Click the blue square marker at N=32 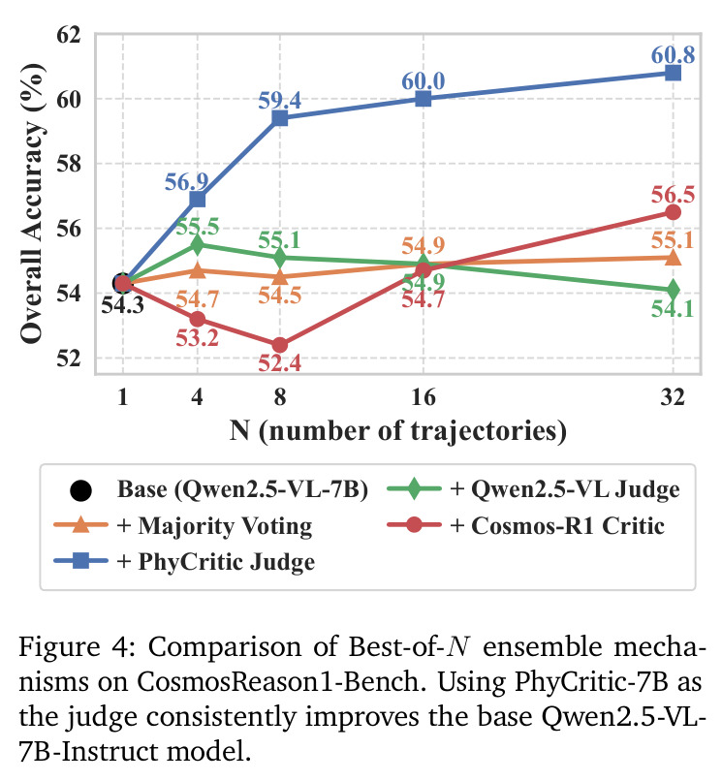point(673,74)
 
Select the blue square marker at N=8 point(280,118)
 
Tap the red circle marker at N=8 point(280,345)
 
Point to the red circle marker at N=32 point(673,212)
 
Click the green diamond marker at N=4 point(198,244)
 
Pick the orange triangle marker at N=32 point(673,257)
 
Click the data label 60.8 point(673,54)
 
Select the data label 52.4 point(279,363)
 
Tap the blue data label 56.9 point(186,182)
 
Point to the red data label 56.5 point(673,194)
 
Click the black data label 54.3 point(122,305)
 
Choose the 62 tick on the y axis point(68,35)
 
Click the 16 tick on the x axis point(424,397)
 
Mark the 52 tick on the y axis point(68,358)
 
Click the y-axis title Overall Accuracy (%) point(32,203)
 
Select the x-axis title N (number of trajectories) point(398,431)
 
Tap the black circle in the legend point(80,490)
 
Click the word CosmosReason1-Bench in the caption point(278,682)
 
